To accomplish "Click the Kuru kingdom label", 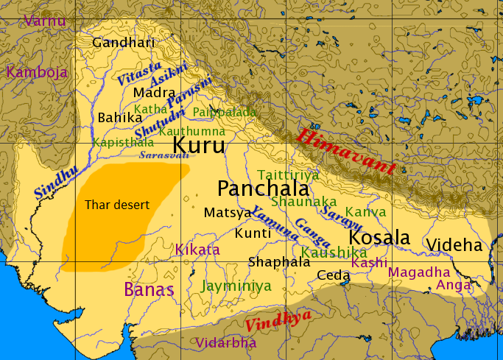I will click(x=199, y=144).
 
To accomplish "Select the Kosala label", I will click(x=379, y=238).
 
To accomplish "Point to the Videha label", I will click(x=454, y=245).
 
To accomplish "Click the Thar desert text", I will click(x=117, y=205).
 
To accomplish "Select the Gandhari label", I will click(x=124, y=42).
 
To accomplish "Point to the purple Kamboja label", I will click(x=37, y=72).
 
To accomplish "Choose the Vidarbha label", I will click(x=226, y=343).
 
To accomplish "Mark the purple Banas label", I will click(x=150, y=289).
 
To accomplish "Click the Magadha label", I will click(x=418, y=272).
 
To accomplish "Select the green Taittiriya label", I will click(x=288, y=174).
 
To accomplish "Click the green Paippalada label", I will click(x=224, y=112).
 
